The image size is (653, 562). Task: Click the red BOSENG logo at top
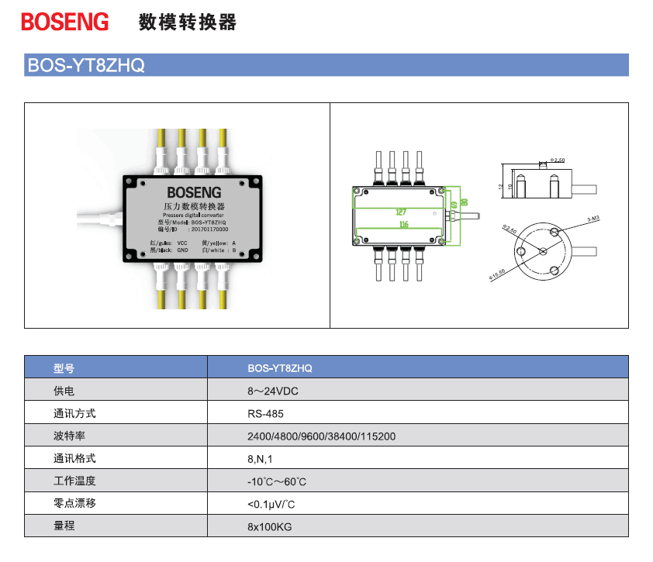(x=65, y=22)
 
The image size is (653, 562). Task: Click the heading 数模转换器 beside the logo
(x=187, y=22)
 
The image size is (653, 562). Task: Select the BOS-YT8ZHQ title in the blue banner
(x=86, y=65)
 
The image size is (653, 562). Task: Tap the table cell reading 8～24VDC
(x=272, y=391)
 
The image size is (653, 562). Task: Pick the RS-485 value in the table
(x=265, y=413)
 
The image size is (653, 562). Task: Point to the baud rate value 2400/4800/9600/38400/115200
(x=321, y=436)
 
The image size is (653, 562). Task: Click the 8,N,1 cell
(x=260, y=459)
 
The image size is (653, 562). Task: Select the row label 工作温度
(x=74, y=481)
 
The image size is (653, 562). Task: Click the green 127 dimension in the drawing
(x=400, y=212)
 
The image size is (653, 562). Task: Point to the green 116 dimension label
(x=403, y=225)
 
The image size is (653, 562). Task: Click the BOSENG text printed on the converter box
(x=194, y=191)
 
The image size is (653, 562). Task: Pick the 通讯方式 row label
(x=74, y=413)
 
